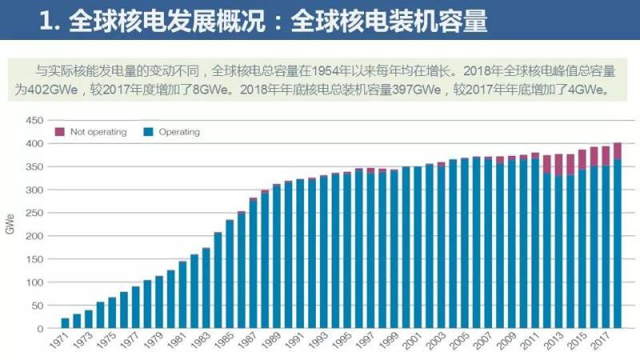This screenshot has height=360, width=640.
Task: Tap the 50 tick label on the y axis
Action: (x=34, y=306)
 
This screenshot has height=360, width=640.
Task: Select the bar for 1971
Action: (x=65, y=323)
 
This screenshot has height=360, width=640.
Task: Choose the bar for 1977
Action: (x=135, y=307)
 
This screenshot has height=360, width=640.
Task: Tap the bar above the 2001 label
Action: (x=418, y=247)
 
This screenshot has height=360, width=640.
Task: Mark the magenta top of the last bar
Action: (x=617, y=150)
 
